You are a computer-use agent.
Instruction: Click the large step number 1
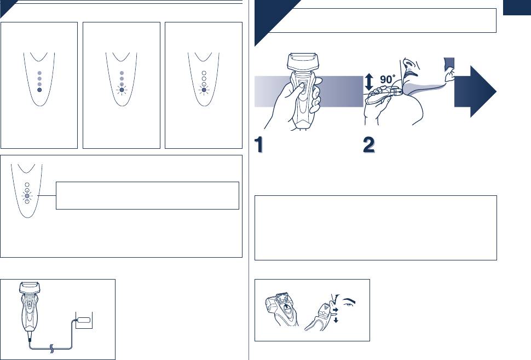tap(259, 144)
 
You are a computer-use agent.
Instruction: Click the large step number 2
tap(369, 144)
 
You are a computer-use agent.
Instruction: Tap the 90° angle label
tap(387, 79)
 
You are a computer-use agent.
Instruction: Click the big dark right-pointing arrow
tap(475, 91)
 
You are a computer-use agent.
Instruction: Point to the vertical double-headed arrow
tap(369, 82)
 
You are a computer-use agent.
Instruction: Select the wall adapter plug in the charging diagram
tap(84, 320)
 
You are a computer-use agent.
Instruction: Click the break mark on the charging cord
tap(51, 348)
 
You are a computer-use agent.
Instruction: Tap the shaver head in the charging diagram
tap(31, 288)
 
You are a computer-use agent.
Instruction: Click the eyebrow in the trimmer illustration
tap(349, 301)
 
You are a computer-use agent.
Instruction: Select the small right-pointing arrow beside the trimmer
tap(336, 310)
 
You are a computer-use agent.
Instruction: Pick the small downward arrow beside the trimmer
tap(336, 320)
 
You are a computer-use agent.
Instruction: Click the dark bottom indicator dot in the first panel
tap(39, 90)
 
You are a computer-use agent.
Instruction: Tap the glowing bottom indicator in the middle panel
tap(122, 90)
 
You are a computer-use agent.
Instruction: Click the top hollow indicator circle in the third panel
tap(204, 73)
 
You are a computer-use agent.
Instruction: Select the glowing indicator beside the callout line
tap(27, 196)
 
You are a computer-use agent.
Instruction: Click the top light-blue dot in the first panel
tap(39, 73)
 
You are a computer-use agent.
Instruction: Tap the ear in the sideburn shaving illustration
tap(450, 75)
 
